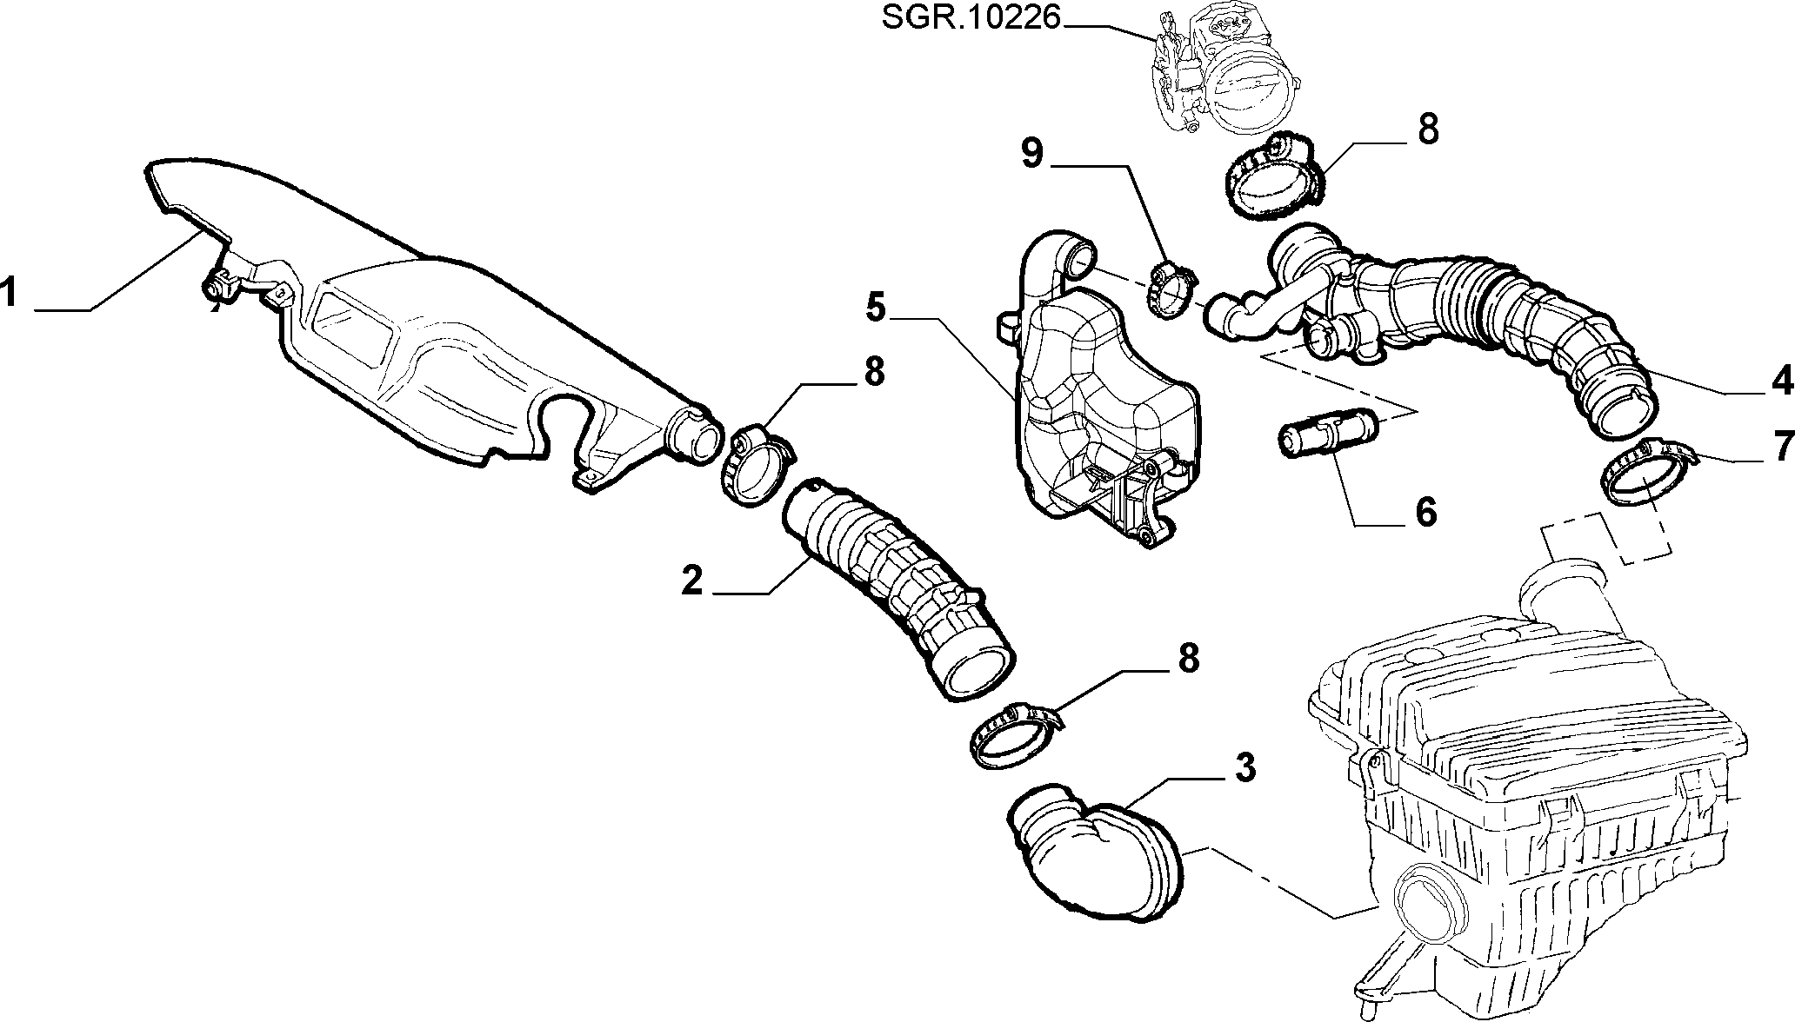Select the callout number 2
coord(691,580)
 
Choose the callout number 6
coord(1425,512)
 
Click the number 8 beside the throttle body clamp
coord(1427,129)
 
